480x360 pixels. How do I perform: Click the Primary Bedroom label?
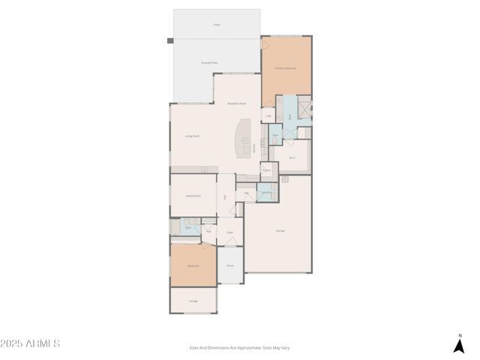(x=286, y=68)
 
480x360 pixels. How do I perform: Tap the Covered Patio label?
(x=209, y=63)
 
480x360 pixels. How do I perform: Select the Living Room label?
(x=193, y=136)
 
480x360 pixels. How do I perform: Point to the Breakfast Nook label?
(x=237, y=103)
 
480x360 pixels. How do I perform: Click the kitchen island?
(x=244, y=139)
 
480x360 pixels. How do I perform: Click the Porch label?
(x=230, y=265)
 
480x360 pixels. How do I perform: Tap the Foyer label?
(x=230, y=232)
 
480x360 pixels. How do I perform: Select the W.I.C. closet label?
(x=292, y=157)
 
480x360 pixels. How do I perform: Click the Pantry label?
(x=266, y=171)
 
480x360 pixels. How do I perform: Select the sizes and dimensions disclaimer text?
(x=239, y=348)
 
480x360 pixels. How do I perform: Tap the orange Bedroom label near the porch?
(x=193, y=265)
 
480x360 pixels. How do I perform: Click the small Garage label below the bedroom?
(x=193, y=301)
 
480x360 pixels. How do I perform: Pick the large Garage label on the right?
(x=280, y=230)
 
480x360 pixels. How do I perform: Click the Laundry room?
(x=266, y=192)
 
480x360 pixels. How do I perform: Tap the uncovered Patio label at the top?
(x=217, y=25)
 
